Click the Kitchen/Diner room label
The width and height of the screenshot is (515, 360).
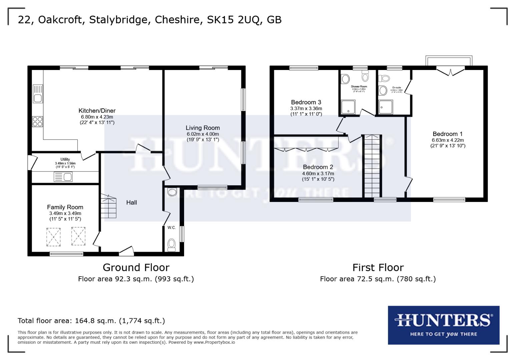click(x=97, y=111)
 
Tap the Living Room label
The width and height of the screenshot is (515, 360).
click(x=202, y=128)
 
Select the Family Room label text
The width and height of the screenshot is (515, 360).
click(x=65, y=207)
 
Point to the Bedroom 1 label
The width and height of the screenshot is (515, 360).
click(x=447, y=134)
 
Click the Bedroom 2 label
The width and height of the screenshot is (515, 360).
click(x=318, y=167)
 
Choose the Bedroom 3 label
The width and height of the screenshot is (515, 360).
click(x=306, y=102)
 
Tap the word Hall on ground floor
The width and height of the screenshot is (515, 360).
click(x=131, y=202)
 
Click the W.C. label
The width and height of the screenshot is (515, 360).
click(x=171, y=228)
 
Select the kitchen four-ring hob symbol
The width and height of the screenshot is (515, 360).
click(x=37, y=121)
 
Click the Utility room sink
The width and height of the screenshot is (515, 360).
click(x=63, y=177)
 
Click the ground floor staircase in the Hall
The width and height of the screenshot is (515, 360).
click(x=108, y=206)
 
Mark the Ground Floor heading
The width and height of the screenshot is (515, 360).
click(x=136, y=267)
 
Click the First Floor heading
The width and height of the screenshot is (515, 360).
click(x=378, y=267)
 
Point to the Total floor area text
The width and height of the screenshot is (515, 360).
click(x=91, y=321)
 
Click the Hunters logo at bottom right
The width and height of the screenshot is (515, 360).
click(x=443, y=325)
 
